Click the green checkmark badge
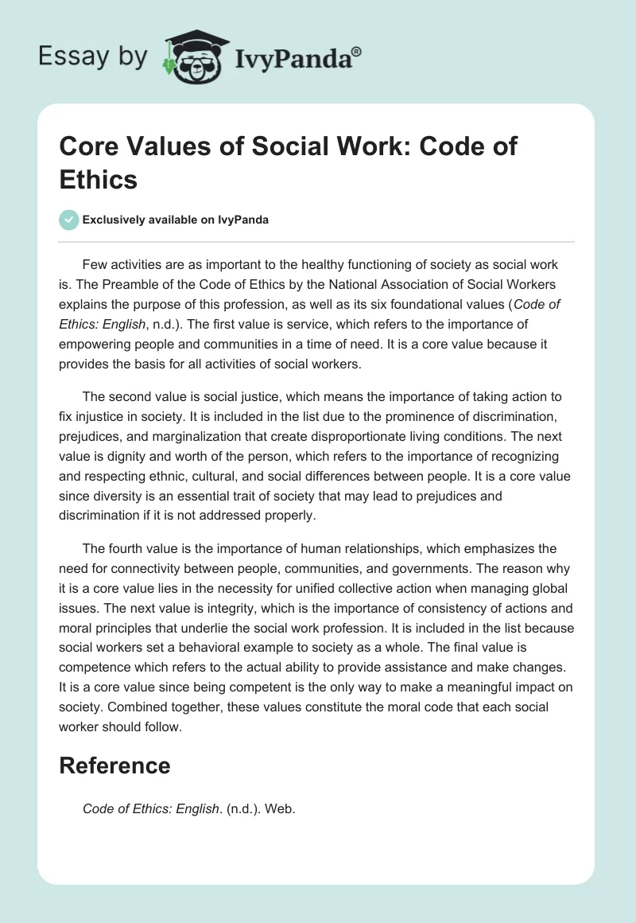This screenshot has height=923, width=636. pyautogui.click(x=69, y=220)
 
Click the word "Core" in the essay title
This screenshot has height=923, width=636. pyautogui.click(x=87, y=146)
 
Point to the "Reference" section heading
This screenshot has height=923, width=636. pyautogui.click(x=114, y=765)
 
